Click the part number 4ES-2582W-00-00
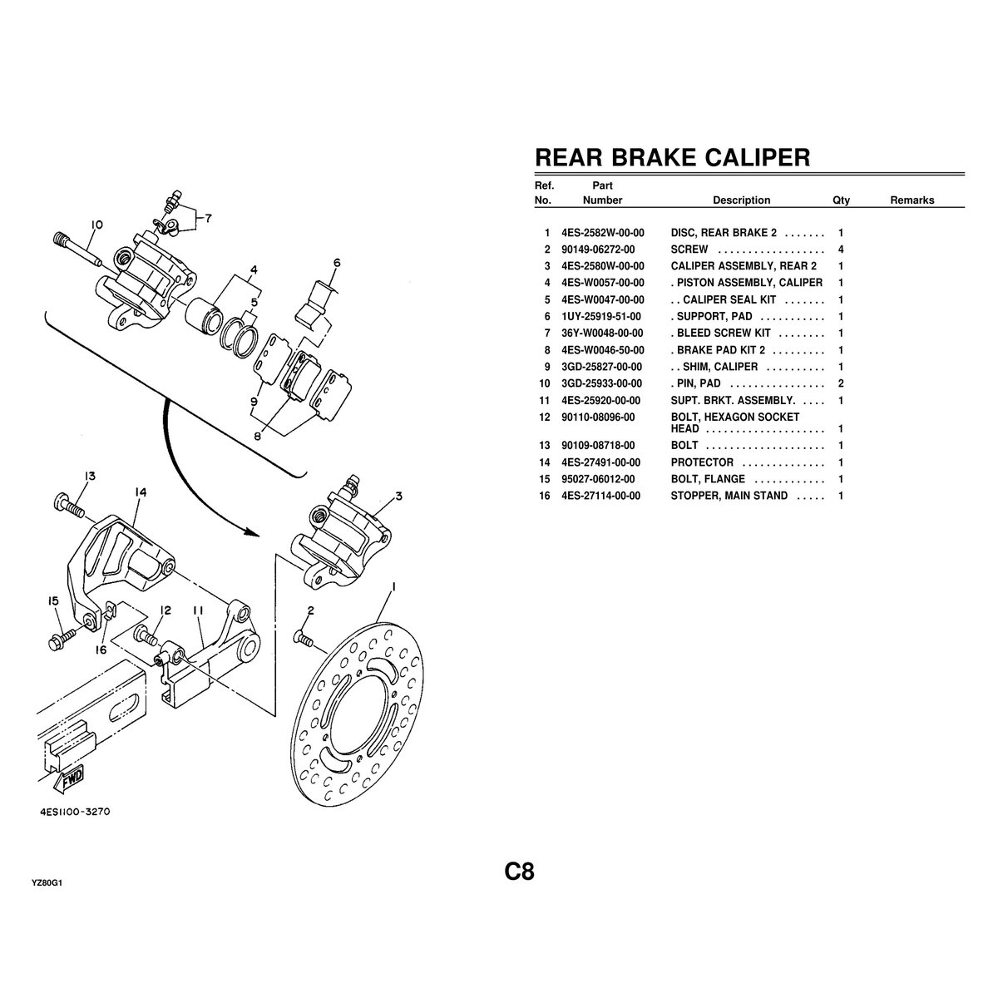point(603,233)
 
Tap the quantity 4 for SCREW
point(842,249)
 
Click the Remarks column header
point(912,200)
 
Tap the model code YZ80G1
point(47,884)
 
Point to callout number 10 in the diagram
point(96,225)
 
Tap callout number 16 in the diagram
point(101,650)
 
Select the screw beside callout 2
point(302,640)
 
